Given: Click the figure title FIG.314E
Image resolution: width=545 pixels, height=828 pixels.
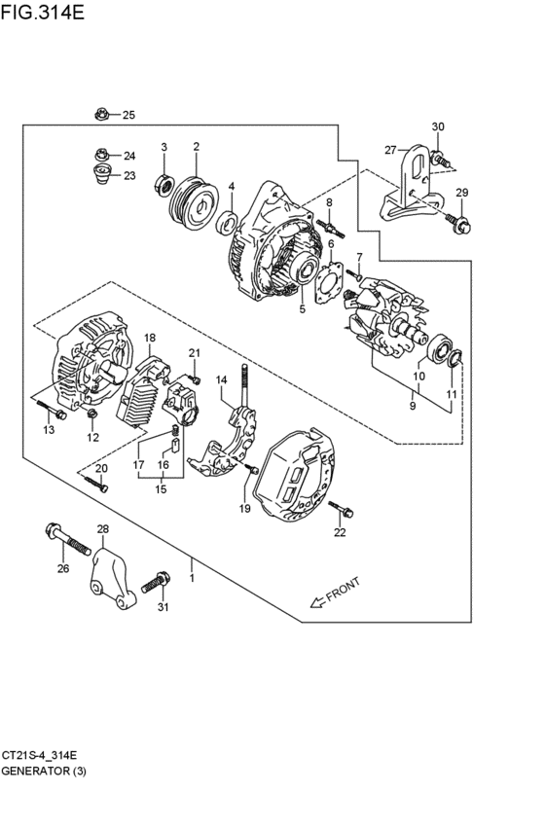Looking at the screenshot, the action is click(x=42, y=12).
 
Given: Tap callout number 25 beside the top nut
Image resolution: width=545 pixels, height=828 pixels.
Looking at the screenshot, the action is click(x=128, y=115).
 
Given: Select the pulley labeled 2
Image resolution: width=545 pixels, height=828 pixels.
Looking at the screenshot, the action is click(x=196, y=202).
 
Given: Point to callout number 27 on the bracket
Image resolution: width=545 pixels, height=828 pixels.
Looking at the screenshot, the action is click(x=390, y=151).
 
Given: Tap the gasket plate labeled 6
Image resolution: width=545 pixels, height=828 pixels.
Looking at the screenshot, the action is click(x=330, y=282).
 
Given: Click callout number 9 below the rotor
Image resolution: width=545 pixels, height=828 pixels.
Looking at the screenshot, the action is click(x=413, y=406).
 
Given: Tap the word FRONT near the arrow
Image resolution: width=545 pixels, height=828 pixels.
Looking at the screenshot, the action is click(x=344, y=590).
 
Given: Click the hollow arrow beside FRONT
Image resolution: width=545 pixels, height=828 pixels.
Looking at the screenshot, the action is click(x=317, y=601).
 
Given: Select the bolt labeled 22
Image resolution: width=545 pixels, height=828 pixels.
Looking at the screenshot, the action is click(x=341, y=509).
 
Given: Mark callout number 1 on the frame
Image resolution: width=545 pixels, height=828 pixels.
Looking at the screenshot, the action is click(x=193, y=578).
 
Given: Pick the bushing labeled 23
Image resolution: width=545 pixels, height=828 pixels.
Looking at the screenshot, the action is click(x=101, y=174).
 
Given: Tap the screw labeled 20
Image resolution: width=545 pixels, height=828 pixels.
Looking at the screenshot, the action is click(x=95, y=484).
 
